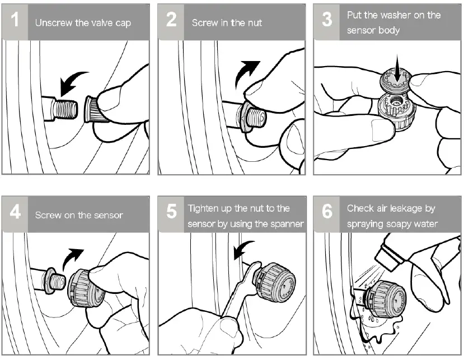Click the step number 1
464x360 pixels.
[15, 20]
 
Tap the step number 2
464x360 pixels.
[171, 20]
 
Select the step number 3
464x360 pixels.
[327, 20]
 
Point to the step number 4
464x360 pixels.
[15, 212]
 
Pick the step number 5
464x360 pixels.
[171, 212]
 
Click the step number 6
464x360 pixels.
[327, 212]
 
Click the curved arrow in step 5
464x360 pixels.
[243, 249]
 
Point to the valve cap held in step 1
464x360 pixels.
[94, 109]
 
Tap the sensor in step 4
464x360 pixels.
[86, 289]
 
